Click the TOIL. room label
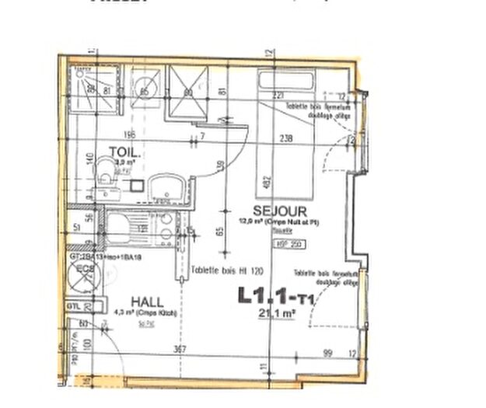coord(124,153)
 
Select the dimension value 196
coord(129,133)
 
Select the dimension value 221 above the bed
coord(279,96)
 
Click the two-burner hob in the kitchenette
coord(165,226)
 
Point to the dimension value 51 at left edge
coord(75,228)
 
